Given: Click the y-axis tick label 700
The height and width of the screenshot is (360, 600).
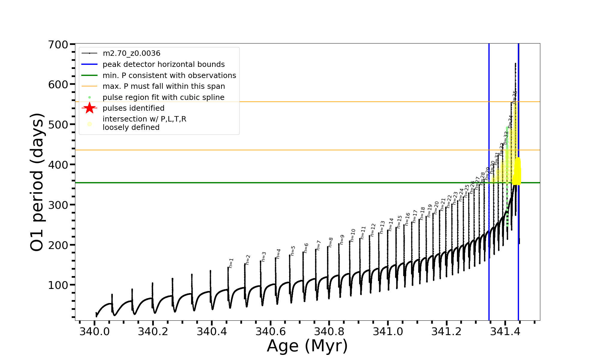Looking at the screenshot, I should coord(58,45).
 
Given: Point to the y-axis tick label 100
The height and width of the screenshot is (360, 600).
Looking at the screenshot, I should coord(58,285).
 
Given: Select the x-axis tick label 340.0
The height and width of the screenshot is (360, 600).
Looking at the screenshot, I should coord(94,332).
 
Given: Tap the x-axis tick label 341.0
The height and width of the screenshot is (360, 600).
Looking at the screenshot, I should coord(388,332).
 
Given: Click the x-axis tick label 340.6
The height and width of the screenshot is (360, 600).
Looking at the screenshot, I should coord(271,332).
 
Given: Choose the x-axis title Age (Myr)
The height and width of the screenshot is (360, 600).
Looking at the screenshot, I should coord(307,346).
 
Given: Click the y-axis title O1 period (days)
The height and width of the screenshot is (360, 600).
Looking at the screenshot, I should coord(37,182).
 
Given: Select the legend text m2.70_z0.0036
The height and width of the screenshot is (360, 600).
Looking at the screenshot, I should coord(131,53).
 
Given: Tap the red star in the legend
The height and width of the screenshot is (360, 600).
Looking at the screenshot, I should coord(89,108).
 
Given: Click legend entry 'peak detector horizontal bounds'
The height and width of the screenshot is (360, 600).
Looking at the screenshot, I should coord(163,64).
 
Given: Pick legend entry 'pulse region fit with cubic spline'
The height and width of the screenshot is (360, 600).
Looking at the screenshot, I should coord(163,97).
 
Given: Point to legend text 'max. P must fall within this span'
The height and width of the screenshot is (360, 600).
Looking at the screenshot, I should coord(163,86).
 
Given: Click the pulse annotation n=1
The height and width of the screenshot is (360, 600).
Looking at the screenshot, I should coord(231,263).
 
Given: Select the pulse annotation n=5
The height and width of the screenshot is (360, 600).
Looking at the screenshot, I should coord(293,250).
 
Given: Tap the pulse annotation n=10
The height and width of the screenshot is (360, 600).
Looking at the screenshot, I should coord(352,235).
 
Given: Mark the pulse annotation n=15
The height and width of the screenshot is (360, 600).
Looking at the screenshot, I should coord(399,222).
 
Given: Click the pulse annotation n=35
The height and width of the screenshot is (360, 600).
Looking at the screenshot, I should coord(514,97).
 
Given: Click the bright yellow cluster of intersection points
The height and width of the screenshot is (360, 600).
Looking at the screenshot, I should coord(517,171).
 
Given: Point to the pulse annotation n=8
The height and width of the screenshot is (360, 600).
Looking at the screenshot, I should coord(331,242).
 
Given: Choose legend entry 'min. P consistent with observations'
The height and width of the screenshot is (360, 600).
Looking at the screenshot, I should coord(169,76).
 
